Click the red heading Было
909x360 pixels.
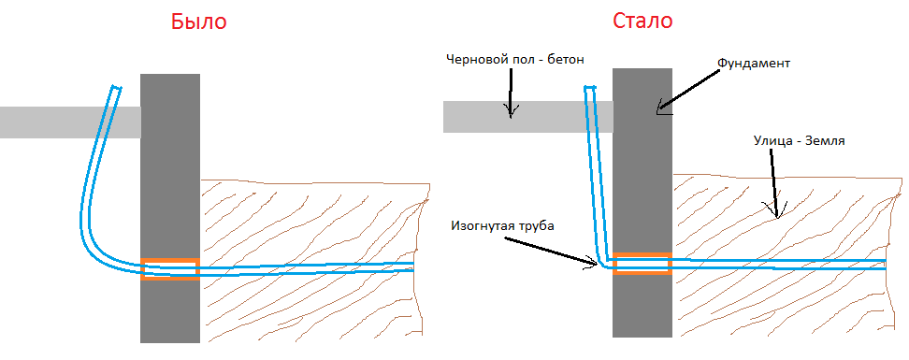coord(198,22)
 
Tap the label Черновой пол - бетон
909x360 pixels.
coord(514,59)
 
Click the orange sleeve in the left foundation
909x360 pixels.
coord(169,269)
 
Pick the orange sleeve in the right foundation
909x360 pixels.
coord(642,263)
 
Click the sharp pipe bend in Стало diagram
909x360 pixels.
coord(605,262)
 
